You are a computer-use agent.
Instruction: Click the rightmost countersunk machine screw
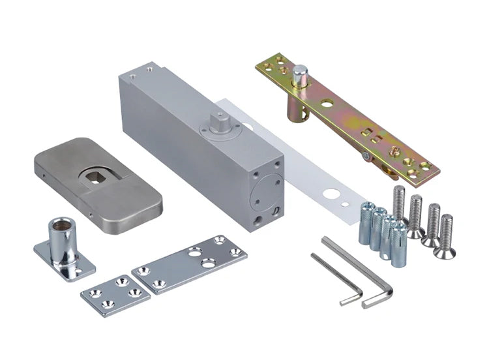pyautogui.click(x=447, y=233)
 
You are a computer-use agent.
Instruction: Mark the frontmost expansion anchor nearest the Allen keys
pyautogui.click(x=398, y=243)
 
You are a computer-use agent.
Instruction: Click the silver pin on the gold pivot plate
pyautogui.click(x=300, y=77)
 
